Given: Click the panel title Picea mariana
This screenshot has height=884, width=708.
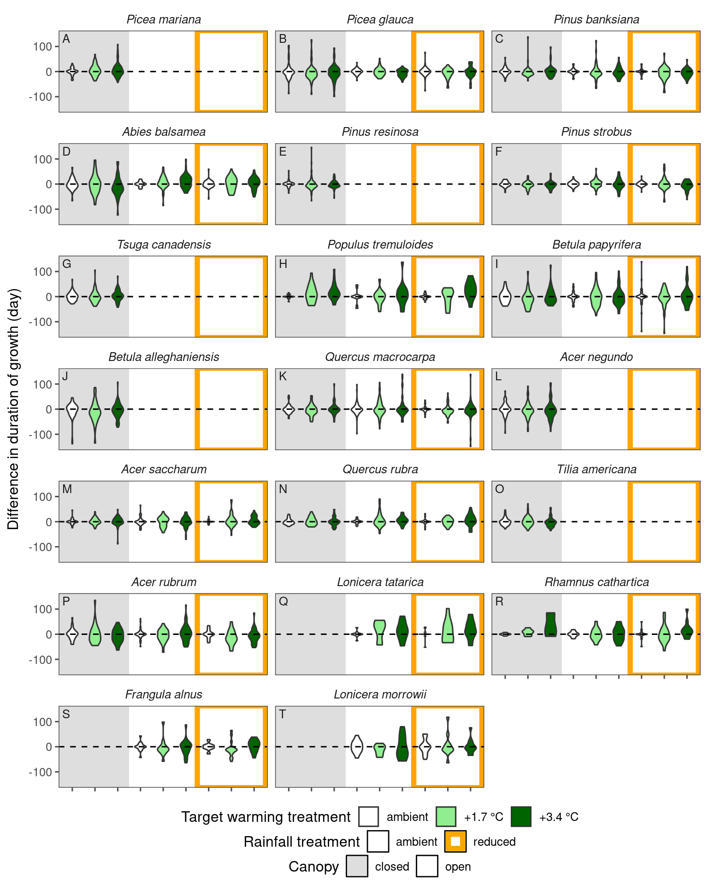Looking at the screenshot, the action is click(x=164, y=20).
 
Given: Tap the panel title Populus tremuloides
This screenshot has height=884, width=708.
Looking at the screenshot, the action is click(x=380, y=244).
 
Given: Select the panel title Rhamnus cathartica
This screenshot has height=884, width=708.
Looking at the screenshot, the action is click(x=596, y=582).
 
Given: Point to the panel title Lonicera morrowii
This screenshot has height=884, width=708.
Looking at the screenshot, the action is click(x=380, y=694).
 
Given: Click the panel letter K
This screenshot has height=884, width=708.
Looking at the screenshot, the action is click(x=283, y=377).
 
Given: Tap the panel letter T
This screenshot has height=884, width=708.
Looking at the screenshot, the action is click(x=283, y=714).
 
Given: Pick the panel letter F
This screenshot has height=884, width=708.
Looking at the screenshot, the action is click(x=499, y=151).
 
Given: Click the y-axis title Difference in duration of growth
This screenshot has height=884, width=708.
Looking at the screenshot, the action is click(x=13, y=409).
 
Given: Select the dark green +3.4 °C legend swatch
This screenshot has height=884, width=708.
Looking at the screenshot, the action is click(x=521, y=817).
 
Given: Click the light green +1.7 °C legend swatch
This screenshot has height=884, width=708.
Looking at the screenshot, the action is click(x=446, y=817).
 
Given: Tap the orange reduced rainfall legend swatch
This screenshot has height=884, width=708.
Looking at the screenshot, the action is click(x=455, y=842).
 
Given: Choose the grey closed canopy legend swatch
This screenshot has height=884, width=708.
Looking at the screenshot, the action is click(x=357, y=867).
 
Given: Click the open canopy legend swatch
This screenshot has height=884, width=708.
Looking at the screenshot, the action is click(x=427, y=867).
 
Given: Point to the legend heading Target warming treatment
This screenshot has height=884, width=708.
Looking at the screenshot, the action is click(x=266, y=817).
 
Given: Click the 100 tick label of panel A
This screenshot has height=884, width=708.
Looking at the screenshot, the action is click(x=42, y=47).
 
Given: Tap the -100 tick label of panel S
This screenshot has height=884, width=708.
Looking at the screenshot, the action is click(x=40, y=772).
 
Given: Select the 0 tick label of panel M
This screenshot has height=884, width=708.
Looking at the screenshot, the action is click(x=49, y=522).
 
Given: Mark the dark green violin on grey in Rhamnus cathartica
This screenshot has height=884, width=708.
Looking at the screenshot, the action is click(x=550, y=624).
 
